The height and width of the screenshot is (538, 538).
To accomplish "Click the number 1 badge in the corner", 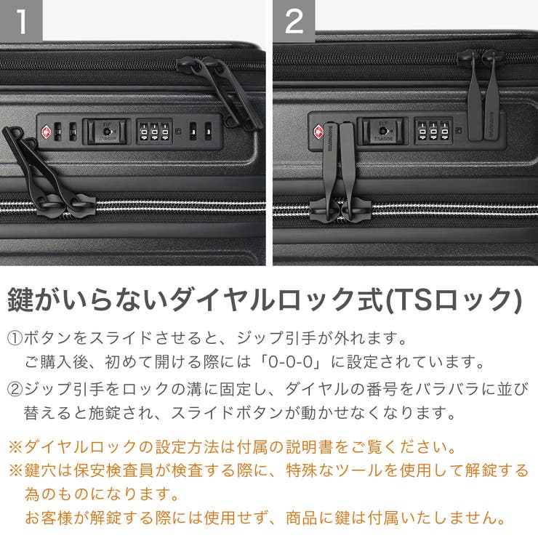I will (21, 21).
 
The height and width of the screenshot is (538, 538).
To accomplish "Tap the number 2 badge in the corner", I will (294, 21).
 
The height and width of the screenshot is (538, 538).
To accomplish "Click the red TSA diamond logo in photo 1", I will (47, 132).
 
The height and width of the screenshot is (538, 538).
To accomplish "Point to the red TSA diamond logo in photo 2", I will (318, 132).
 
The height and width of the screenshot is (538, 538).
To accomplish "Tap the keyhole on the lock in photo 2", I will (377, 131).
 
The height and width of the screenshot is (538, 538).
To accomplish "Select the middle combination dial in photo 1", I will (154, 132).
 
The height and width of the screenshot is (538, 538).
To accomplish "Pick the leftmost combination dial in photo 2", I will (422, 131).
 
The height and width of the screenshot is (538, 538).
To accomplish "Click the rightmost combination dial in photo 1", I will (164, 132).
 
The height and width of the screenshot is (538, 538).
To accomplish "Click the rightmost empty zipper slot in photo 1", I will (208, 131).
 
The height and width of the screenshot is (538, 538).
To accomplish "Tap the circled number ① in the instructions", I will (15, 339).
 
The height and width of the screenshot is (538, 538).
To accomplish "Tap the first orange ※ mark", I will (15, 446).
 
